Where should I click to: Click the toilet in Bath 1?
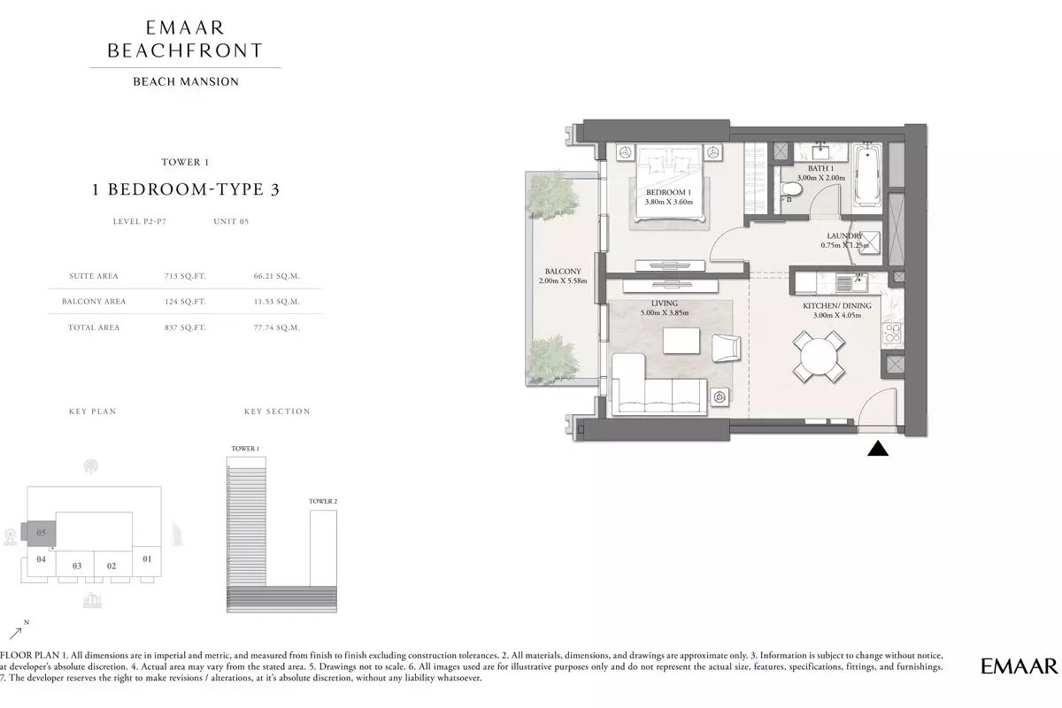coord(791,189)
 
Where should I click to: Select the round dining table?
coord(819,357)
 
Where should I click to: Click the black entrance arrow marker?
coord(878,449)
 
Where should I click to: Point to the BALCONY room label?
coord(563,271)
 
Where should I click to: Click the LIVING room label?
coord(665,303)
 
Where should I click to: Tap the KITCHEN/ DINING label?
coord(837,306)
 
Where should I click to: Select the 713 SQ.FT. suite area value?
coord(185,276)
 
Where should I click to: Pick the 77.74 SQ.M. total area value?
coord(276,327)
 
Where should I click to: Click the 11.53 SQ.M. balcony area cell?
coord(276,301)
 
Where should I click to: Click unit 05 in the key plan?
coord(42,533)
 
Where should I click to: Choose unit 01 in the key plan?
coord(147,559)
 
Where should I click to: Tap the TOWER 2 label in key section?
coord(323,501)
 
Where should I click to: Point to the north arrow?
coord(16,633)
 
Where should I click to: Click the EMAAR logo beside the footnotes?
coord(1020,666)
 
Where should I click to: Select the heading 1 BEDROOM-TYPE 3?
coord(186,189)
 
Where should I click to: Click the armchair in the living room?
coord(726,348)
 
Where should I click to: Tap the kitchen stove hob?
coord(892,332)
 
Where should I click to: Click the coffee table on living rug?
coord(681,341)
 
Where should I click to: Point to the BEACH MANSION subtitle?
coord(186,81)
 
